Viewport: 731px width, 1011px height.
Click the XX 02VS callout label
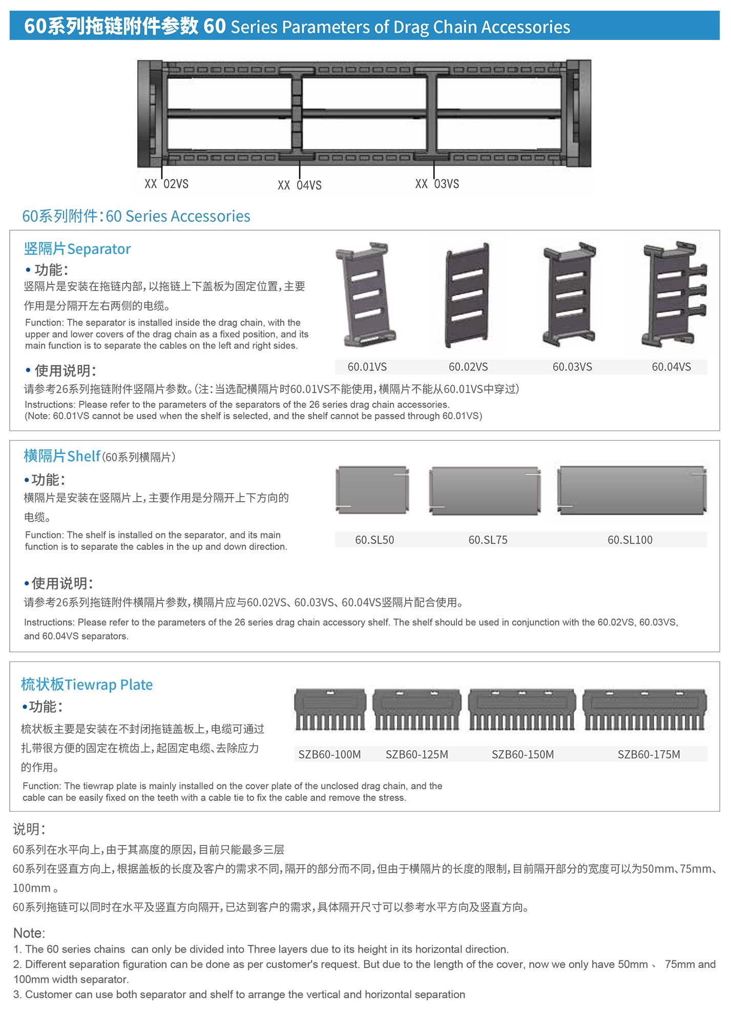coord(166,184)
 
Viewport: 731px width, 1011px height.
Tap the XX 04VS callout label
coord(300,185)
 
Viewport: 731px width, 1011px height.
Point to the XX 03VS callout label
coord(437,184)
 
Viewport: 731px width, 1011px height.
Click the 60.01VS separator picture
coord(365,294)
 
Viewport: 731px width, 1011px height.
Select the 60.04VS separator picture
coord(674,294)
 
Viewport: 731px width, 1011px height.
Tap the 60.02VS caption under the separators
coord(468,367)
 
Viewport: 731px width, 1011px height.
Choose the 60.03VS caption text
coord(572,367)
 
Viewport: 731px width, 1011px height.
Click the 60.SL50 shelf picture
coord(372,490)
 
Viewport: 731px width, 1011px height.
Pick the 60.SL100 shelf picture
coord(632,490)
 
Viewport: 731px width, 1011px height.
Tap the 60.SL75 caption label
coord(488,540)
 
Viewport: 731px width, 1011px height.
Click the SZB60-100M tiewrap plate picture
coord(330,710)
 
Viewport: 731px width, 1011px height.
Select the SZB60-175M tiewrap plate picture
coord(645,710)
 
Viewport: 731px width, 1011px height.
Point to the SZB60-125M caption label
coord(417,754)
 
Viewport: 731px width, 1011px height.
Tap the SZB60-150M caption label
coord(523,754)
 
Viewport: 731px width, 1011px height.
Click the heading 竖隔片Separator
coord(77,249)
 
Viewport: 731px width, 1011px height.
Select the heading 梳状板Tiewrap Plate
coord(87,685)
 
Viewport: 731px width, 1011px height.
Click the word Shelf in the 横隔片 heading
coord(84,456)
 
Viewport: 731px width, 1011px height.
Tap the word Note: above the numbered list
coord(29,933)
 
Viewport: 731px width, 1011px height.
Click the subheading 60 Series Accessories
coord(178,216)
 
